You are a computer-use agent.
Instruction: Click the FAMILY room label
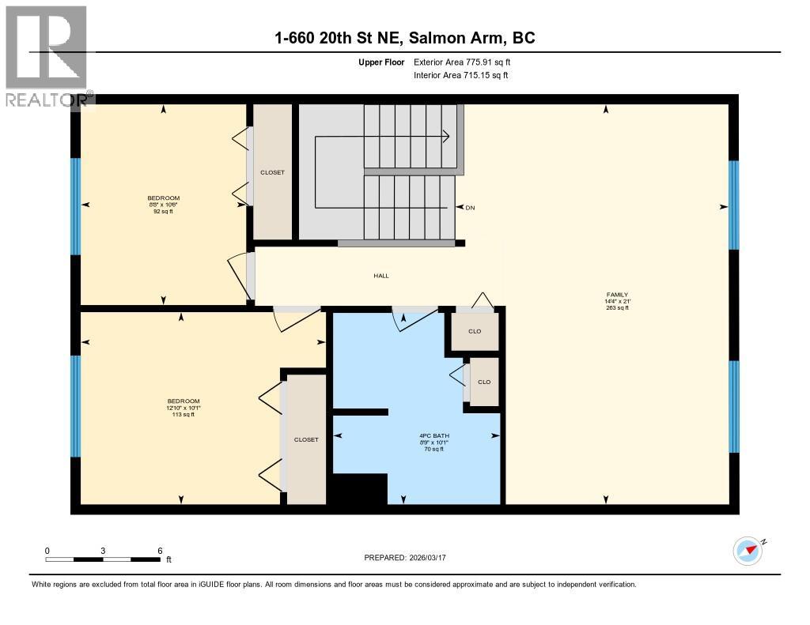616,301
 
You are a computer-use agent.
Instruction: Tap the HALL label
381,276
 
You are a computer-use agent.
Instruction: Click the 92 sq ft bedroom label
163,205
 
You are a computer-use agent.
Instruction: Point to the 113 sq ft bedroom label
183,407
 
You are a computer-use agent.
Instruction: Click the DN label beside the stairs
470,208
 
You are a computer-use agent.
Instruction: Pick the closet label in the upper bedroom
272,172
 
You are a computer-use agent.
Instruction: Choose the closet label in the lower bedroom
306,439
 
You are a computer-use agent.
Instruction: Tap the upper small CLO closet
475,331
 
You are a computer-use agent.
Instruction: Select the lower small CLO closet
484,382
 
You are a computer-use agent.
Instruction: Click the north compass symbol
748,551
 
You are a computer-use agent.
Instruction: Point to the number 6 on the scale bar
160,551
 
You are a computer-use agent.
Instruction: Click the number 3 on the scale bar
104,551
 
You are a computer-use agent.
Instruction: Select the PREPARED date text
411,558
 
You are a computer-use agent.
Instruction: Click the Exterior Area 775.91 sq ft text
467,62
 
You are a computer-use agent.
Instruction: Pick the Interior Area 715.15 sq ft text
460,76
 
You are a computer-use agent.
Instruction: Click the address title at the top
404,38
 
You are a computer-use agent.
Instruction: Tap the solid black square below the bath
358,489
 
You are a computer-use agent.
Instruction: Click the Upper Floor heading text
381,62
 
